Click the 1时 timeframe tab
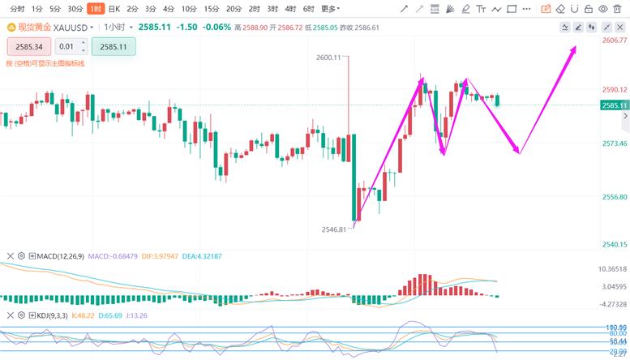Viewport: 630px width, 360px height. [x=96, y=9]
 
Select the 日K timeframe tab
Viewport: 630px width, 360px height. [x=114, y=9]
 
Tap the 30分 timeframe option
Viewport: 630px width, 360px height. [x=75, y=9]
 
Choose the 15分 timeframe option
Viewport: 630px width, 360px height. [x=211, y=9]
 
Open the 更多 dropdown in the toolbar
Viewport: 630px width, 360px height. [x=330, y=9]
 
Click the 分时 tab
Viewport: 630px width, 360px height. [x=17, y=9]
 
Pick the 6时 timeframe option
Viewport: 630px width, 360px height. [x=309, y=9]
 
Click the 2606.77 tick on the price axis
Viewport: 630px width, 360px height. [x=614, y=40]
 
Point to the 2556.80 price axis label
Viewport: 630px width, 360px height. [x=614, y=197]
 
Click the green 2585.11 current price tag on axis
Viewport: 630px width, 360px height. [x=614, y=105]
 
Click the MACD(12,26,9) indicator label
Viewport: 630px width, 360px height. [x=61, y=256]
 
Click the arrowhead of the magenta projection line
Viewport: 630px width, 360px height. [x=575, y=48]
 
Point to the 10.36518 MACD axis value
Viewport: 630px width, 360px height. [x=612, y=268]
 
